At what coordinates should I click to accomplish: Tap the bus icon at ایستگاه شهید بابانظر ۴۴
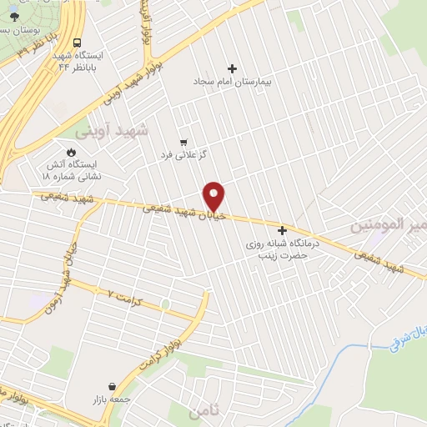pyautogui.click(x=77, y=43)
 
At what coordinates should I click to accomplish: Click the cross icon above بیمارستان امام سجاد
pyautogui.click(x=232, y=68)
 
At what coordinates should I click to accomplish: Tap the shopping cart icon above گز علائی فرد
pyautogui.click(x=183, y=142)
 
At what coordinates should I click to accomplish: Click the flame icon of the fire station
pyautogui.click(x=71, y=152)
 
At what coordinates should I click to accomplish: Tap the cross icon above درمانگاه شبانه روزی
pyautogui.click(x=282, y=230)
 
